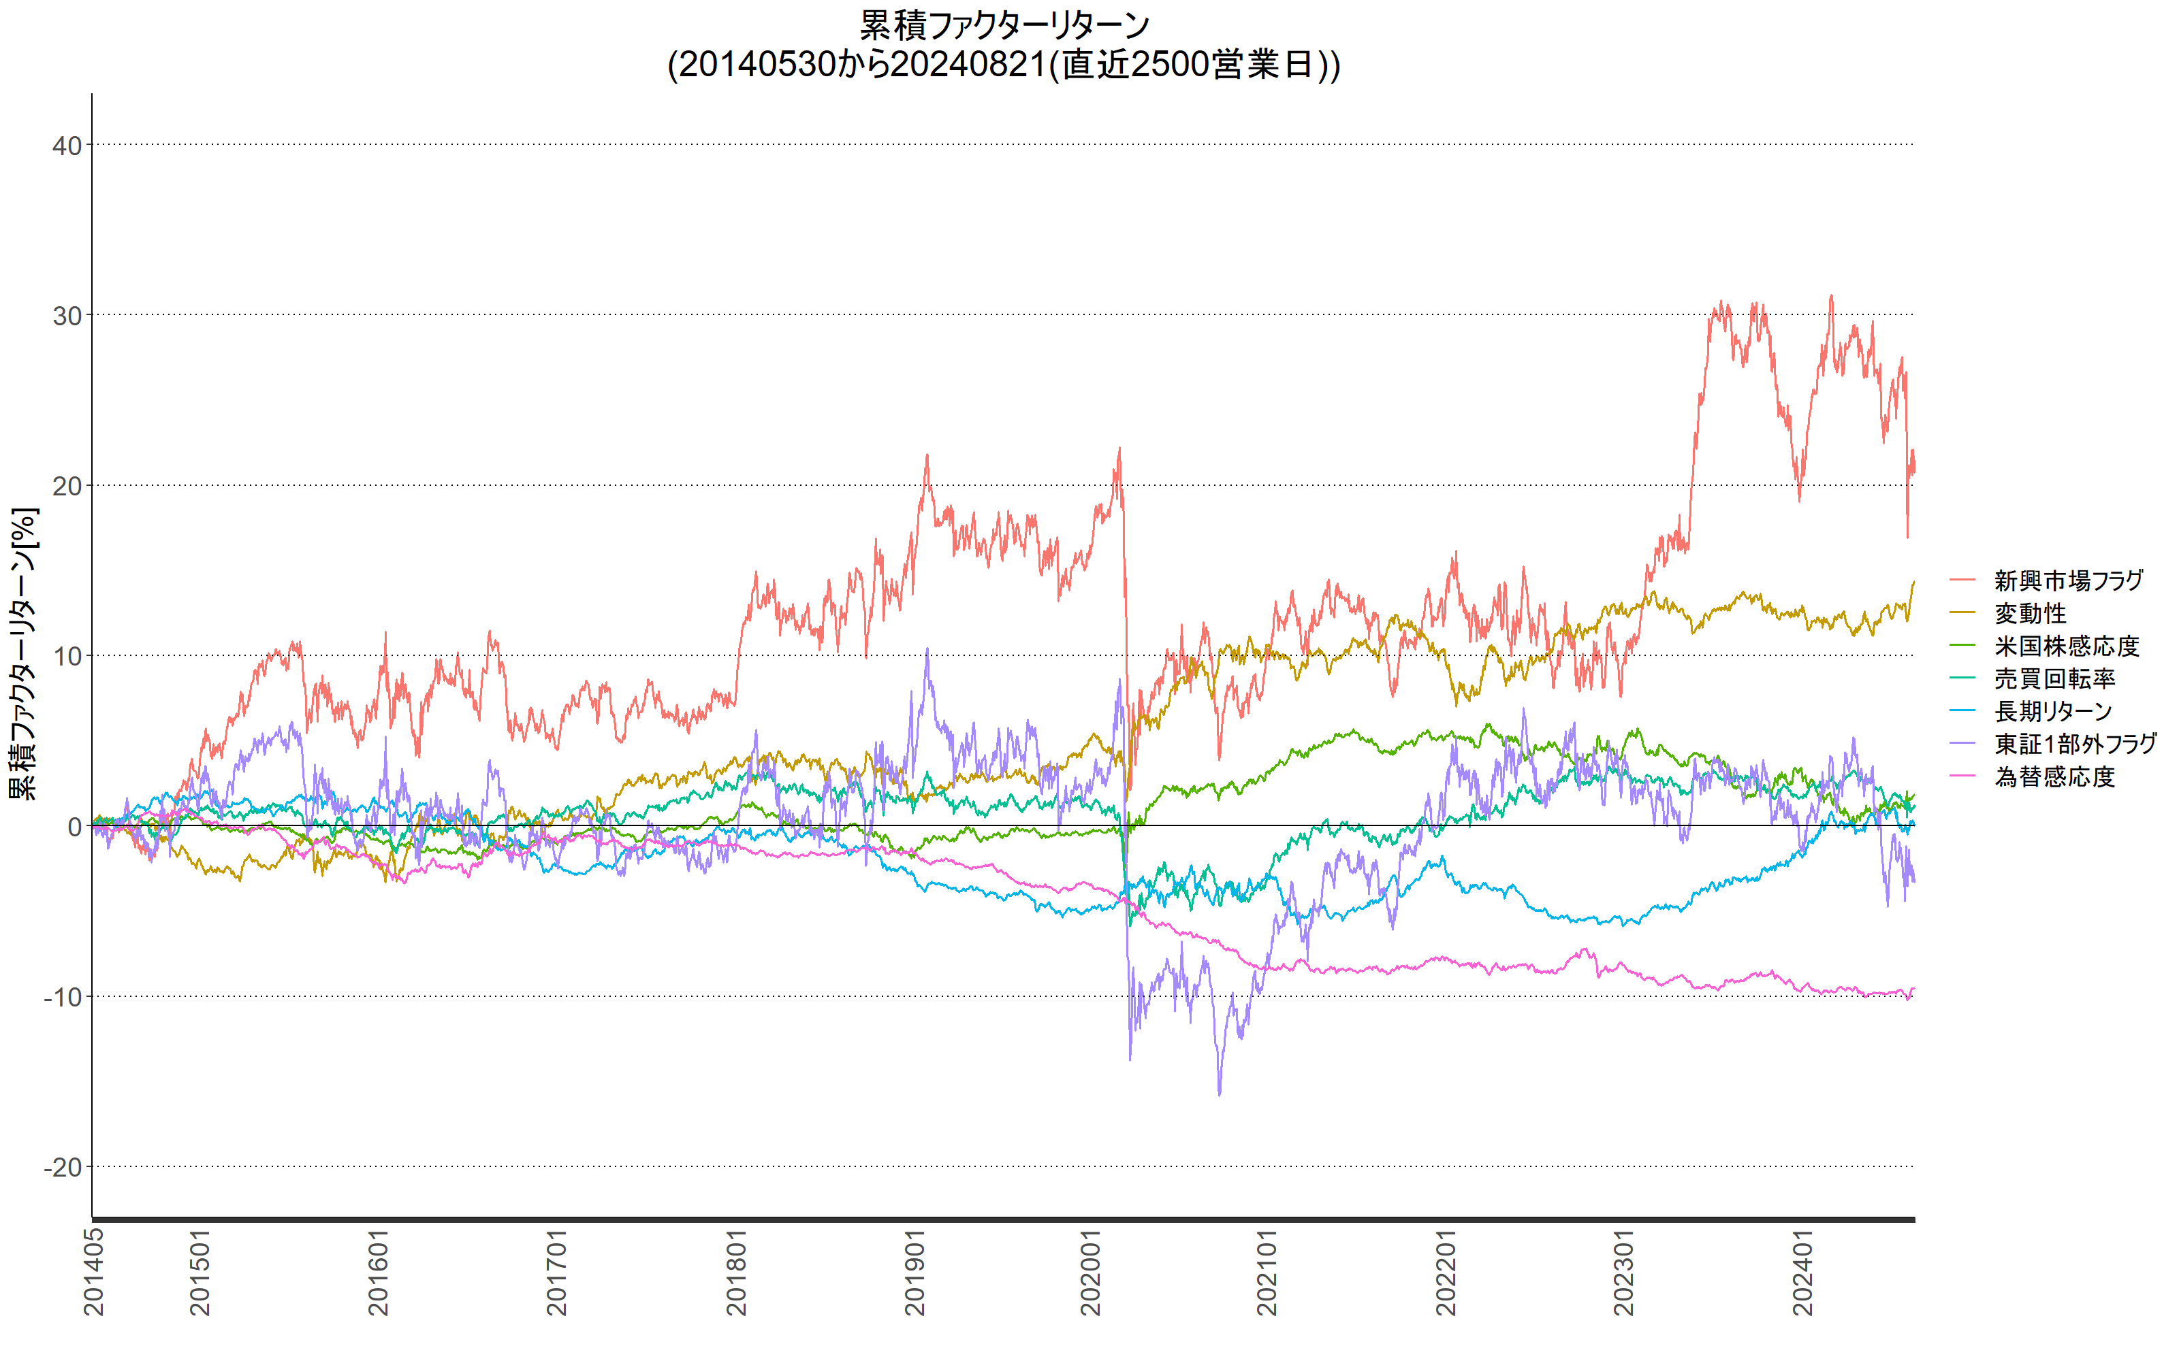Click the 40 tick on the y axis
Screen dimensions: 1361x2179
pos(67,146)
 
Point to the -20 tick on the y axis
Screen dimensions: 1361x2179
pos(63,1168)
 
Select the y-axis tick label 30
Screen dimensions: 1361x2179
pos(67,316)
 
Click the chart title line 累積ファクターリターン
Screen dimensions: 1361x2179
pos(1004,25)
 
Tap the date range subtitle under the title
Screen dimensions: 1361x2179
pos(1004,65)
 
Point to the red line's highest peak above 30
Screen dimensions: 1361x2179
pos(1830,295)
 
